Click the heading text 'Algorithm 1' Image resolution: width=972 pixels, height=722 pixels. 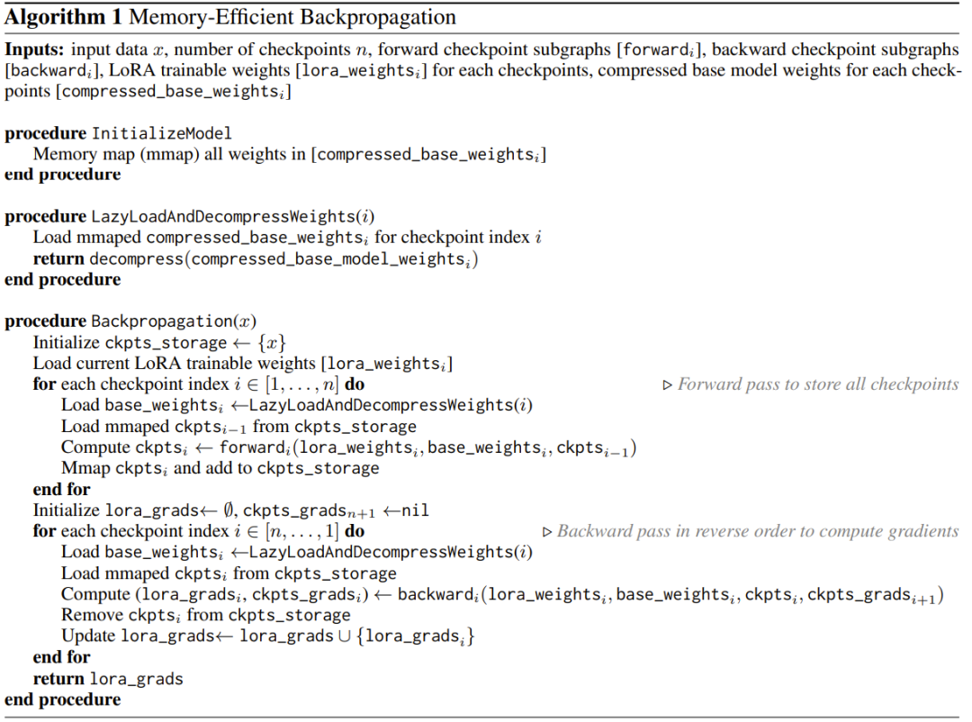pyautogui.click(x=63, y=17)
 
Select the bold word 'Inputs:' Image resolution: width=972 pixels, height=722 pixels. pyautogui.click(x=34, y=50)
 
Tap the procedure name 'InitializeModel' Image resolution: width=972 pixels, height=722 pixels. pyautogui.click(x=162, y=133)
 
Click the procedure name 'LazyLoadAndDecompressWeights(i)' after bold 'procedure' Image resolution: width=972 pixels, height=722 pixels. pyautogui.click(x=233, y=217)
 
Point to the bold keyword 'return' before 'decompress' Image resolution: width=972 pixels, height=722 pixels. pyautogui.click(x=58, y=258)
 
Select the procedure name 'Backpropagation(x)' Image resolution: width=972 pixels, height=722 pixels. pyautogui.click(x=174, y=321)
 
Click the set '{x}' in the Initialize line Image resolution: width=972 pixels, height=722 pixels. pyautogui.click(x=272, y=343)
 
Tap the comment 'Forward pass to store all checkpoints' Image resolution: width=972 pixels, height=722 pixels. pyautogui.click(x=817, y=384)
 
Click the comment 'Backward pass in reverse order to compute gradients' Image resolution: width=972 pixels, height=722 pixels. pyautogui.click(x=758, y=531)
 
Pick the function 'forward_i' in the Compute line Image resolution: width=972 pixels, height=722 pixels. pyautogui.click(x=255, y=447)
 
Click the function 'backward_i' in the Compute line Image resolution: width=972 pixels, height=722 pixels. pyautogui.click(x=439, y=595)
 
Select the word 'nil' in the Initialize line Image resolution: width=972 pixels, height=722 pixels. pyautogui.click(x=415, y=510)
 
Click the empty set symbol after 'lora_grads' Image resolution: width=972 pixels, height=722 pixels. pyautogui.click(x=229, y=510)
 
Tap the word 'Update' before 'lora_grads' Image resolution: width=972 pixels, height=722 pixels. pyautogui.click(x=88, y=636)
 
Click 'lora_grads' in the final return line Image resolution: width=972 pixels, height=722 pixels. pyautogui.click(x=137, y=679)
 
